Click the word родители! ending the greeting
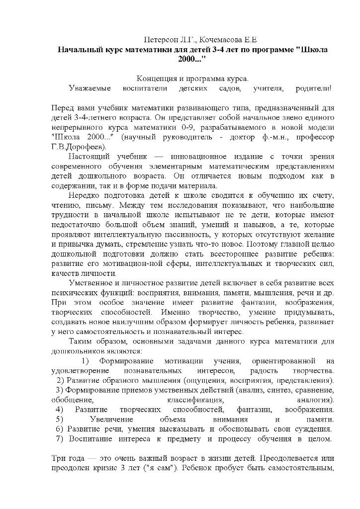[x=314, y=88]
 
